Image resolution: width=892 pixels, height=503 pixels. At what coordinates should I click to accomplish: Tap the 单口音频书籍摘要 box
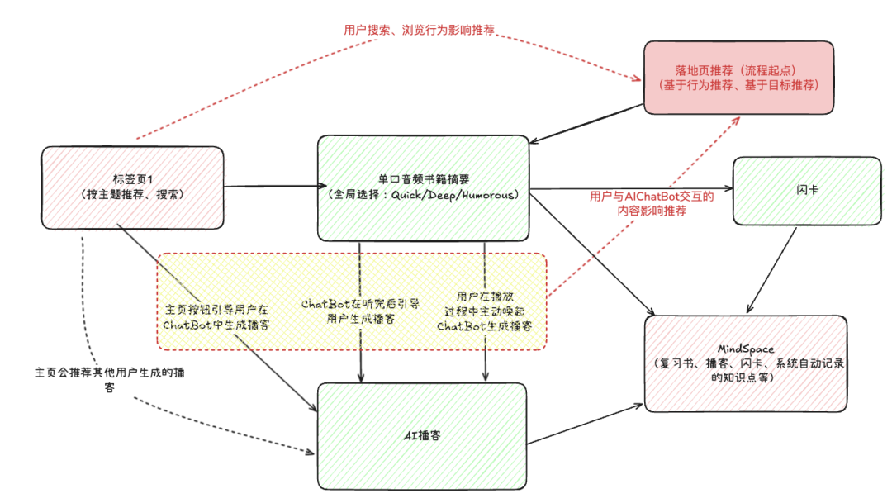coord(423,187)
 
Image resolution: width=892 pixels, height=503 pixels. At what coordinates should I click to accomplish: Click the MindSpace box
coord(746,363)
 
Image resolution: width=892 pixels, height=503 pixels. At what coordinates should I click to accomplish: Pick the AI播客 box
coord(422,434)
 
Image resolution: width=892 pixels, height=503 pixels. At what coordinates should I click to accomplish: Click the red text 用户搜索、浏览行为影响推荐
coord(419,30)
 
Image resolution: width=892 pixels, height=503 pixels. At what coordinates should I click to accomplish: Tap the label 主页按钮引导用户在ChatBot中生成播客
coord(216,317)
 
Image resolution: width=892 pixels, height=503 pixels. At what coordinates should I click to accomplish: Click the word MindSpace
coord(746,349)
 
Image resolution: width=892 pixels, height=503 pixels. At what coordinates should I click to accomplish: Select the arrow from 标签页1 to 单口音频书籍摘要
coord(271,185)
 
